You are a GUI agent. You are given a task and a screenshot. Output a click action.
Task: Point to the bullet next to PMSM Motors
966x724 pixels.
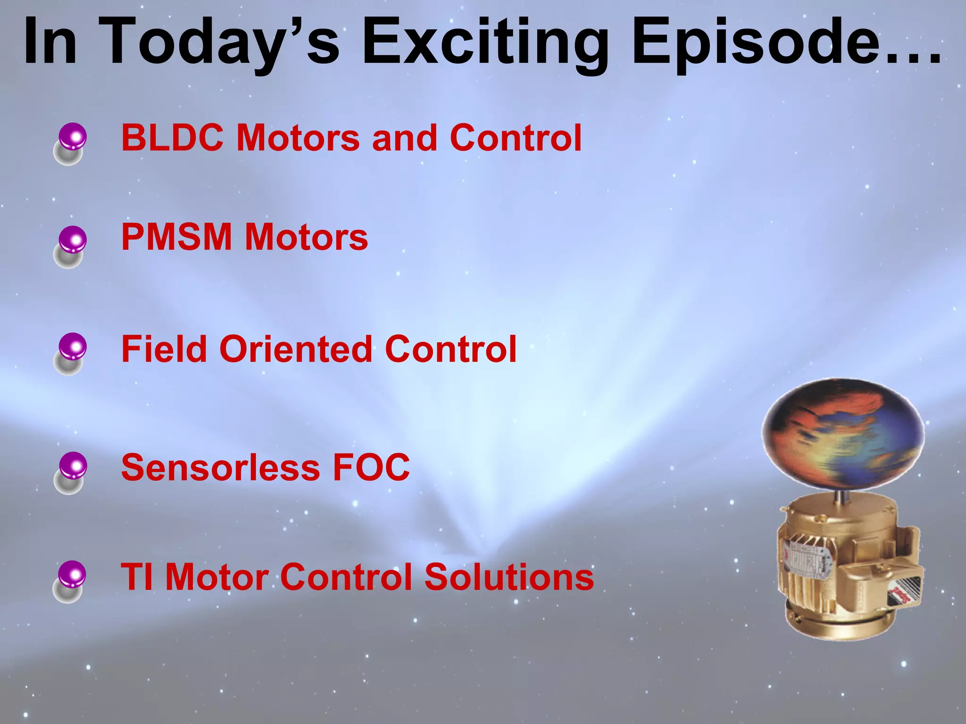coord(73,240)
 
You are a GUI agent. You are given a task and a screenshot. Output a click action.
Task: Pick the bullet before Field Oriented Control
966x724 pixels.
coord(73,347)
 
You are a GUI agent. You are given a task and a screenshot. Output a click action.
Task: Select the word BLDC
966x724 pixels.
coord(172,138)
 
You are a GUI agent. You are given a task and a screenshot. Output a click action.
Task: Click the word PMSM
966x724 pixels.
coord(176,237)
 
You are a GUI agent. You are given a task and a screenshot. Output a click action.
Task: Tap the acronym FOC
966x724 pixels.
coord(371,468)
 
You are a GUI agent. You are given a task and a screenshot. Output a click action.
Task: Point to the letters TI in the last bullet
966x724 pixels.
coord(137,577)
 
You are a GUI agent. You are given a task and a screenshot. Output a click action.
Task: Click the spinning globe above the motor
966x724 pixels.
coord(843,433)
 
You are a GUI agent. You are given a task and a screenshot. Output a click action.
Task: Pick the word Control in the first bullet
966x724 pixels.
coord(516,138)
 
